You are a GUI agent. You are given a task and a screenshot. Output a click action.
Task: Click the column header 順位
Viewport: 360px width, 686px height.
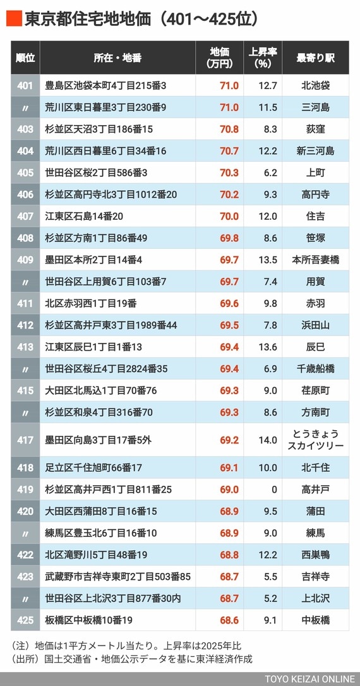click(x=25, y=58)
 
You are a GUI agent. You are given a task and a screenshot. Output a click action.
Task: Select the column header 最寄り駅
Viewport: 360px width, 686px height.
click(x=315, y=58)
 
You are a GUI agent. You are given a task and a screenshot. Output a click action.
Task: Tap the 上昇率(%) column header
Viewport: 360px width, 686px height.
click(x=263, y=58)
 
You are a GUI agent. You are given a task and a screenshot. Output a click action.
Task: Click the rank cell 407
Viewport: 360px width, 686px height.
click(x=25, y=216)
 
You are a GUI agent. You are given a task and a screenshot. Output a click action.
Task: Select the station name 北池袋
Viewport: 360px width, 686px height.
click(x=315, y=85)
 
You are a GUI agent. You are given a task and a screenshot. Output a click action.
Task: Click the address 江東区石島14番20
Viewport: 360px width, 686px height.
click(x=85, y=216)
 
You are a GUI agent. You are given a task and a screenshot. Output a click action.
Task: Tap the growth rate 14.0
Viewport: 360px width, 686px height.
click(x=268, y=440)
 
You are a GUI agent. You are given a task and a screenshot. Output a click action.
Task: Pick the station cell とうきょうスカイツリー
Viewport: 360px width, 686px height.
click(x=315, y=440)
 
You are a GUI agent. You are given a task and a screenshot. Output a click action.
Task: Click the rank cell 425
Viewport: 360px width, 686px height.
click(x=25, y=620)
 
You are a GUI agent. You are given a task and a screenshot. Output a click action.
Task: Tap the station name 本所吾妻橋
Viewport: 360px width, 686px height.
click(x=315, y=260)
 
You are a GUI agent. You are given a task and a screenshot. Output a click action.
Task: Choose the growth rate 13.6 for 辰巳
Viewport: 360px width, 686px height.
click(x=268, y=347)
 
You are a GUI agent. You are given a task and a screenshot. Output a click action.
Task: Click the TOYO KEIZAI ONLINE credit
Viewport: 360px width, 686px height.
click(x=309, y=679)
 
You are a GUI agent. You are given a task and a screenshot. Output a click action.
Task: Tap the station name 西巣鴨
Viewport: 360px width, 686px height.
click(x=315, y=555)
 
